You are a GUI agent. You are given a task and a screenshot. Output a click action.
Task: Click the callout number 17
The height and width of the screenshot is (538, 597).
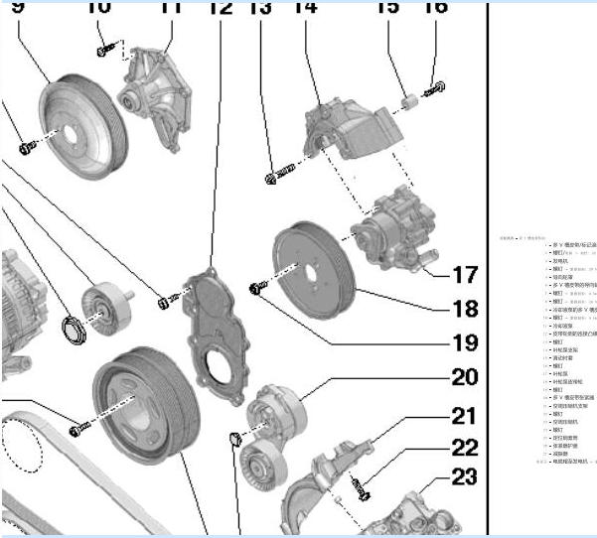point(464,274)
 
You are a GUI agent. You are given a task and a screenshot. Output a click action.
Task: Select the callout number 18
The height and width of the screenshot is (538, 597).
point(464,308)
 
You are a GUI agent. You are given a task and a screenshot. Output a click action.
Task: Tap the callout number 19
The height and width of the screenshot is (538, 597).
point(464,343)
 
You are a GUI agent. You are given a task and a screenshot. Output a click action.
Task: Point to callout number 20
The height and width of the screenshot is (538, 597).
point(464,377)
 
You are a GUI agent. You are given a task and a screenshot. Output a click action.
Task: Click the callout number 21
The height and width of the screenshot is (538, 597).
point(464,414)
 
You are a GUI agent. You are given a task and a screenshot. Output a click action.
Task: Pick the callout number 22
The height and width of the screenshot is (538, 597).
point(464,447)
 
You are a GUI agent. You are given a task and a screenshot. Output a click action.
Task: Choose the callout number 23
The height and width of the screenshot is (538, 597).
point(464,477)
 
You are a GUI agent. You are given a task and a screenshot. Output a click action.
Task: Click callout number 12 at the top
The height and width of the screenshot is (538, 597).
point(220,8)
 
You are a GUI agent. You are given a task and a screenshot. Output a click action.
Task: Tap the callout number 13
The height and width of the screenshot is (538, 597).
point(260,8)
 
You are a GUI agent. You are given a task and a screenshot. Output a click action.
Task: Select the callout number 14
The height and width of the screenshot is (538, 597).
point(305,8)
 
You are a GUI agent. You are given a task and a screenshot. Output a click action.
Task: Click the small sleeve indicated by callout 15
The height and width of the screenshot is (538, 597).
point(407,100)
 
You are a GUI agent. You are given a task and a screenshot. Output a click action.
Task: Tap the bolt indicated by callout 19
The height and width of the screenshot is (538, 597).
point(258,288)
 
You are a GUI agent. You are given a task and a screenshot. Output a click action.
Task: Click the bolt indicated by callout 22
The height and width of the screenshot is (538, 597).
point(361,486)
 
